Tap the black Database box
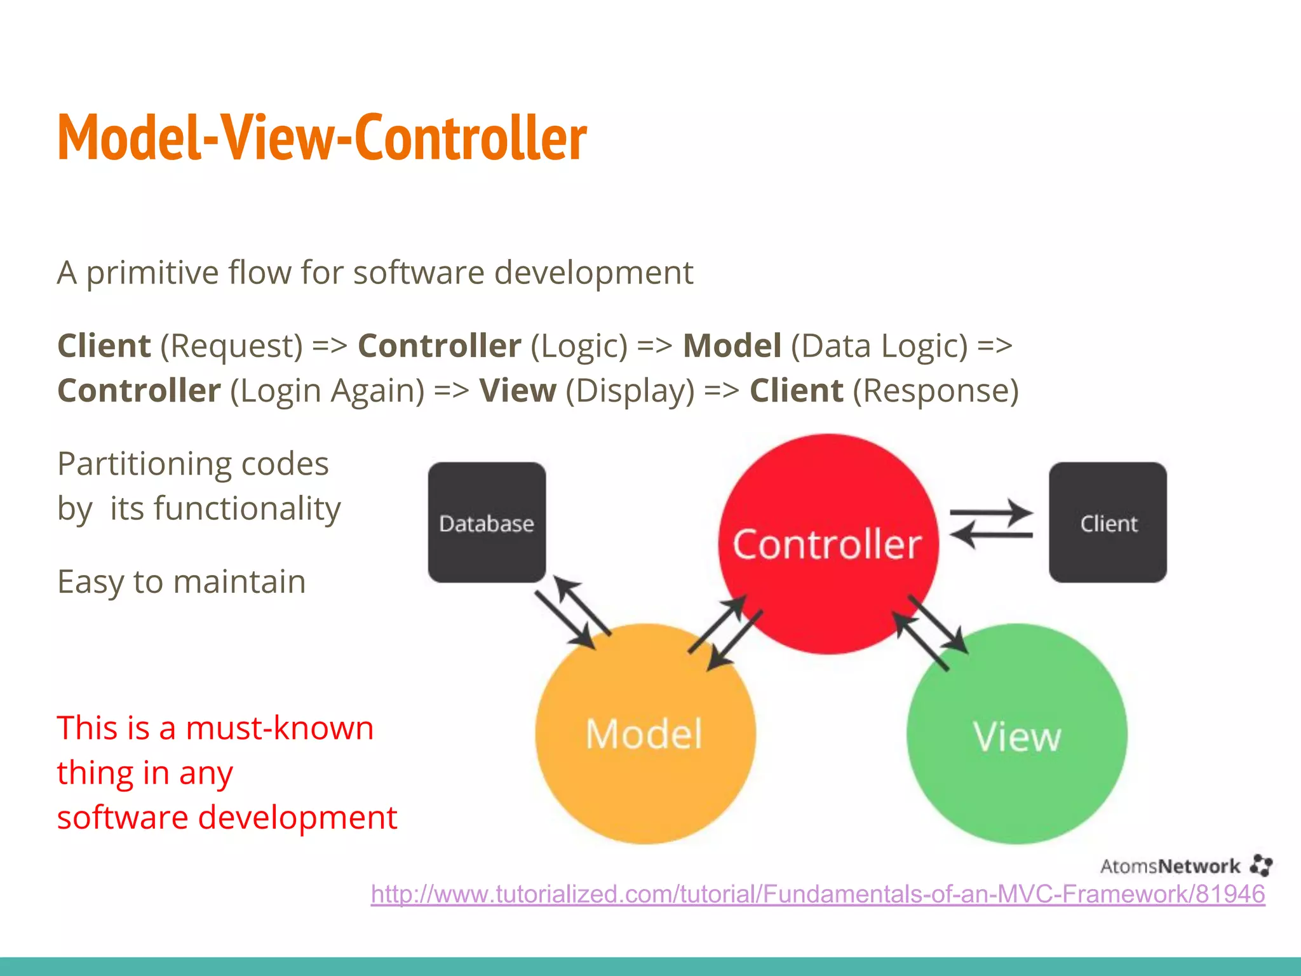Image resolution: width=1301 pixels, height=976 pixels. click(487, 522)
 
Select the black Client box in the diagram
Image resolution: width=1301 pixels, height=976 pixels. click(1108, 522)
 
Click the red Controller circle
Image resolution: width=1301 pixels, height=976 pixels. click(828, 544)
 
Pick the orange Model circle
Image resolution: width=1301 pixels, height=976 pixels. click(645, 734)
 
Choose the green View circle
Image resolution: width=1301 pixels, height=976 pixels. click(1016, 734)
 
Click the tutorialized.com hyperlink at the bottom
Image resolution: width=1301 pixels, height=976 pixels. click(818, 894)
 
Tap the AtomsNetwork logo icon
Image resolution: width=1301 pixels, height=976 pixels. click(1261, 865)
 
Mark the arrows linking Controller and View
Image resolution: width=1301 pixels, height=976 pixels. click(931, 633)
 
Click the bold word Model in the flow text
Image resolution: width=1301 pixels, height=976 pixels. click(732, 346)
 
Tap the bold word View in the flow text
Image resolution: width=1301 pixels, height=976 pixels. click(518, 390)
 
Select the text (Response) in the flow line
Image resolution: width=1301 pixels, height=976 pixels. click(935, 390)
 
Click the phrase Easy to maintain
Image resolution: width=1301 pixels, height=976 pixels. click(182, 581)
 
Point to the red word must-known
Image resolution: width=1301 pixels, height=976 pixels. click(280, 728)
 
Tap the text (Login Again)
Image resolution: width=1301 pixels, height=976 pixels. click(327, 390)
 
